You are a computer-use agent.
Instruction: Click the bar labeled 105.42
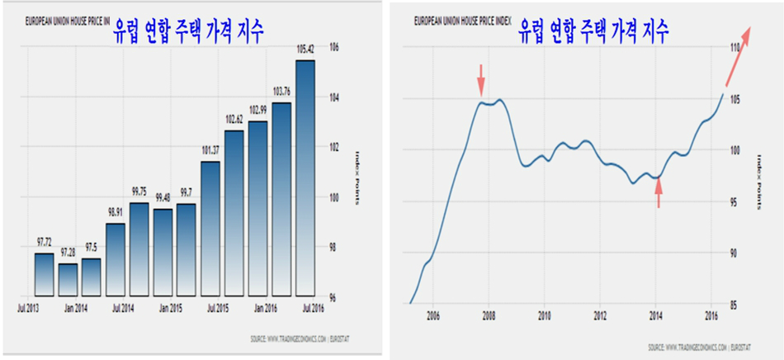coord(305,178)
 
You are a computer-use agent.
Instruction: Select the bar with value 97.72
coord(44,274)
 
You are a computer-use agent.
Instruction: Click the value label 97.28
coord(68,253)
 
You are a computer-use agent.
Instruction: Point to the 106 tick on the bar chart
coord(333,47)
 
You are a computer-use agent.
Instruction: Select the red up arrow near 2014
coord(659,194)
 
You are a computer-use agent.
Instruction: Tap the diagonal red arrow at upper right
coord(738,55)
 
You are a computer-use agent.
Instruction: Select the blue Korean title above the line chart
coord(593,32)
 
